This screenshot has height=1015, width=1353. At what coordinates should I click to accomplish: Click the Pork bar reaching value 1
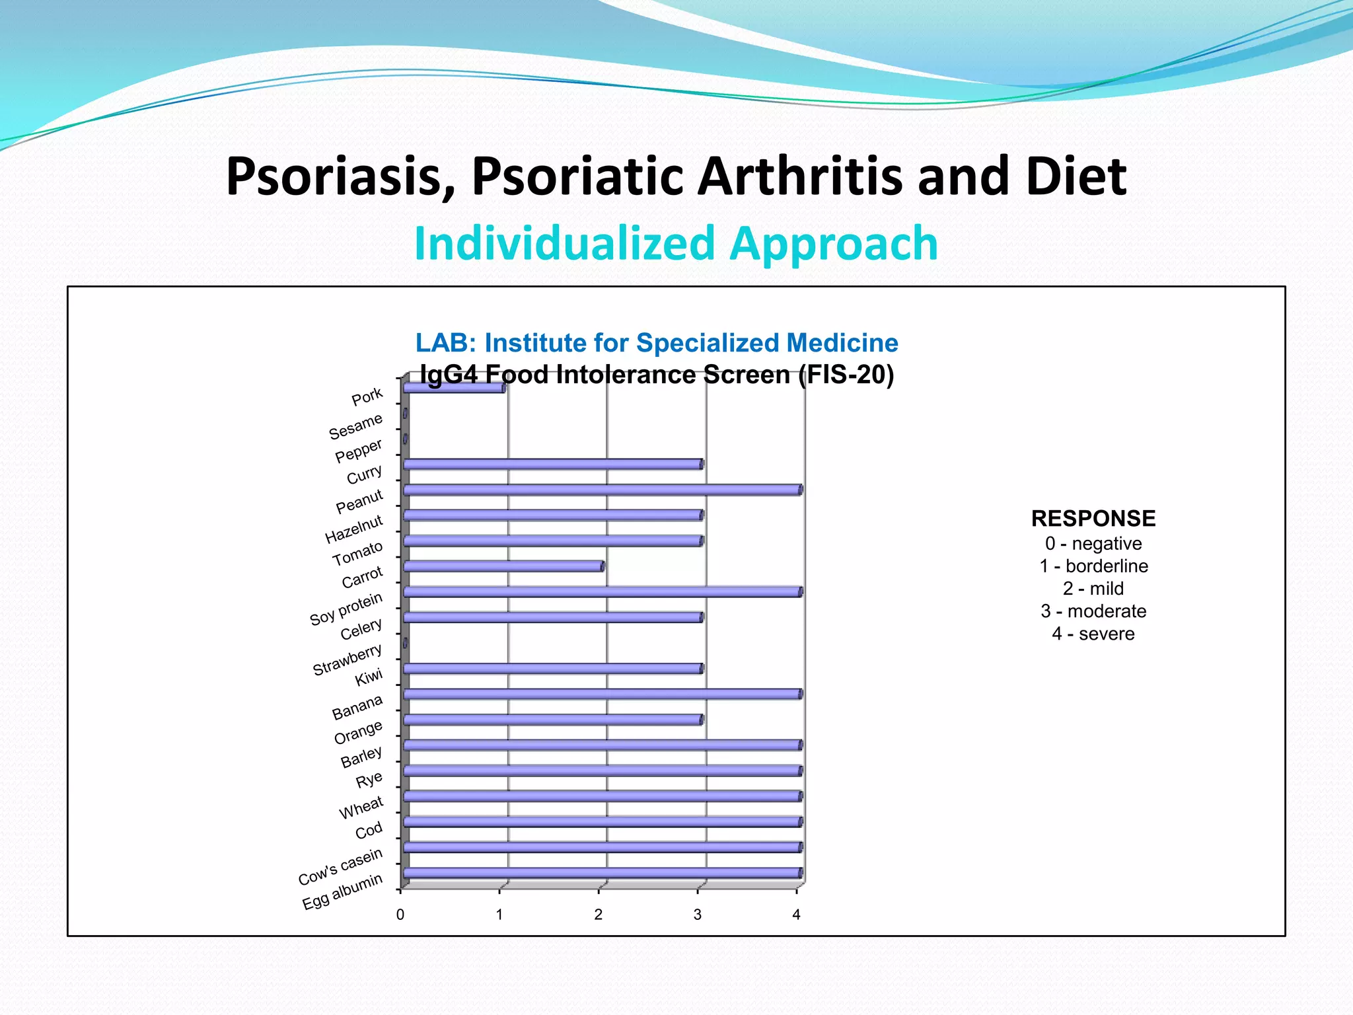click(455, 388)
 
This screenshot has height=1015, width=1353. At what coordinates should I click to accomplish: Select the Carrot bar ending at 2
click(503, 566)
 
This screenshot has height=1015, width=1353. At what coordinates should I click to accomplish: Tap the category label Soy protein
click(346, 609)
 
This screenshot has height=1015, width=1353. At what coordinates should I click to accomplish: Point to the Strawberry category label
click(347, 659)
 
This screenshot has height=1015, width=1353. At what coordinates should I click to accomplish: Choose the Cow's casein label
click(340, 866)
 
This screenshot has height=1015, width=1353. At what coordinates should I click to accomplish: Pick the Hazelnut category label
click(354, 529)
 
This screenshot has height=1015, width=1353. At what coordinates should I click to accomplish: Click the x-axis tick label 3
click(697, 915)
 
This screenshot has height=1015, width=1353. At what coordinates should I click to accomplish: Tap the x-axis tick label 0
click(400, 915)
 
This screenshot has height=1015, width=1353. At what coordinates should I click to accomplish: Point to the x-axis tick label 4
click(796, 915)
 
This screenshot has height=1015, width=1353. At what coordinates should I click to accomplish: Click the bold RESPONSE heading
click(1093, 518)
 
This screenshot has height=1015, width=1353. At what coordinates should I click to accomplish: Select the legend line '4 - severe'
click(1093, 634)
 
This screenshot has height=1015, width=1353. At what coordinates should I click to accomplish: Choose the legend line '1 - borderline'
click(1093, 566)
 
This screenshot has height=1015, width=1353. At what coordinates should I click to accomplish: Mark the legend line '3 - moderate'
click(1093, 611)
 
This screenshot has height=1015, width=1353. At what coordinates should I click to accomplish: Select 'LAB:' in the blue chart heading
click(445, 343)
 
